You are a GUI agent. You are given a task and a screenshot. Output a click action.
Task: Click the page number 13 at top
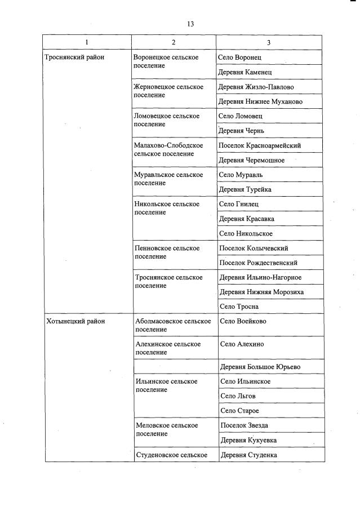tap(190, 24)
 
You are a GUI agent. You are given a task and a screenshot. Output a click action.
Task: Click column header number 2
tap(174, 42)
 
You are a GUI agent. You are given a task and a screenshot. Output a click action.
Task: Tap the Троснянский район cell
tap(74, 57)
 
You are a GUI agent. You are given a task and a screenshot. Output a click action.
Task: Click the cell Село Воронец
tap(239, 57)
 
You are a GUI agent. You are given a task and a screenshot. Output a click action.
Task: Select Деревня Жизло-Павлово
tap(256, 87)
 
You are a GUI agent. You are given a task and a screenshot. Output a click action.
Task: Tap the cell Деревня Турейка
tap(243, 189)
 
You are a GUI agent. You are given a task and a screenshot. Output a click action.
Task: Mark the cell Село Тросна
tap(238, 307)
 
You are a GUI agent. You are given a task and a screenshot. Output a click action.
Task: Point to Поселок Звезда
tap(244, 425)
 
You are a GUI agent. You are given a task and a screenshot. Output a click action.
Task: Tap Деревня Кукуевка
tap(248, 440)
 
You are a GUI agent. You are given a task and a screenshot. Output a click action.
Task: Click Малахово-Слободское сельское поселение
tap(168, 149)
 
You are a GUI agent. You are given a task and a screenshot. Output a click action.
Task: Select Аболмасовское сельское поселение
tap(173, 325)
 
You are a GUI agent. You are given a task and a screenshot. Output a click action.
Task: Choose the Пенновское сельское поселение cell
tap(167, 252)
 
